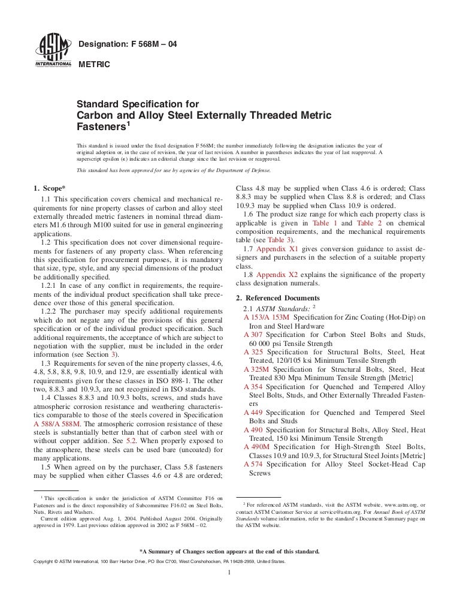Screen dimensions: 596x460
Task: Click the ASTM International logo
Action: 53,51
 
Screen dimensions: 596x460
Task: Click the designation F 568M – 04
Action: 128,44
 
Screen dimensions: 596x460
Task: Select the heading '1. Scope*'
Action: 50,188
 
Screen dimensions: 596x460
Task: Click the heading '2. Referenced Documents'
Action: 278,298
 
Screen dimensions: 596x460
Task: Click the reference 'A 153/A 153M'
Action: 267,317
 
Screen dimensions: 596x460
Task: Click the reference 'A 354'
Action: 254,387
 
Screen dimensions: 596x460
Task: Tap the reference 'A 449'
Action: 254,413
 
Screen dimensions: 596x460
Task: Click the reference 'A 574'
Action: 254,465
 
